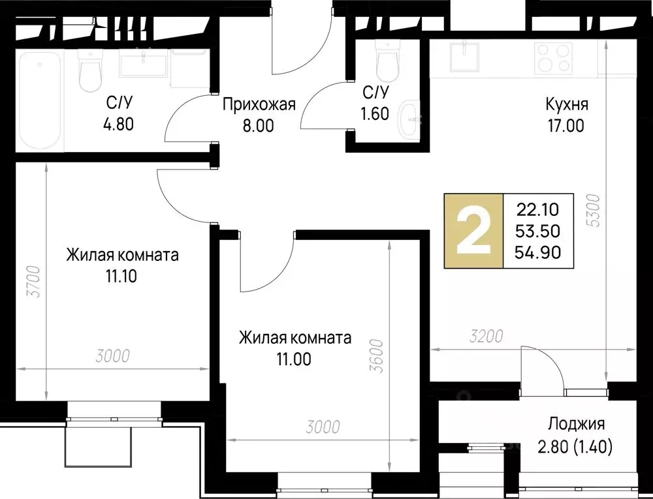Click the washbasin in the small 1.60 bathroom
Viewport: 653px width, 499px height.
pyautogui.click(x=411, y=118)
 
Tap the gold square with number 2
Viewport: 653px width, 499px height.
pyautogui.click(x=473, y=232)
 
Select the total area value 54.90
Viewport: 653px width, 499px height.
pyautogui.click(x=539, y=252)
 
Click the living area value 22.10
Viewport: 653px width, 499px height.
pyautogui.click(x=539, y=209)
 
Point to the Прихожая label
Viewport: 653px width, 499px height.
pyautogui.click(x=259, y=104)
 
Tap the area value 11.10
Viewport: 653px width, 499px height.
pyautogui.click(x=121, y=276)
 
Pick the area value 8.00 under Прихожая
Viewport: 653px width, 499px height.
pyautogui.click(x=257, y=126)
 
